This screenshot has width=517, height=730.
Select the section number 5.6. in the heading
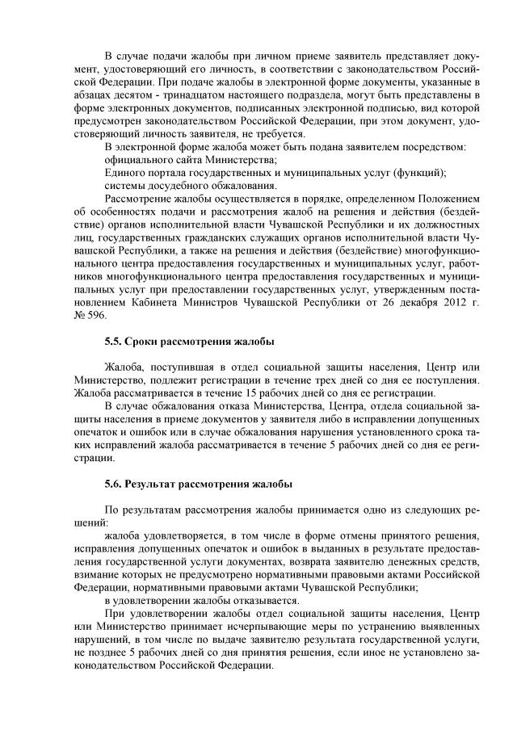coord(114,484)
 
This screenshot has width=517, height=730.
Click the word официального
coord(140,160)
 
